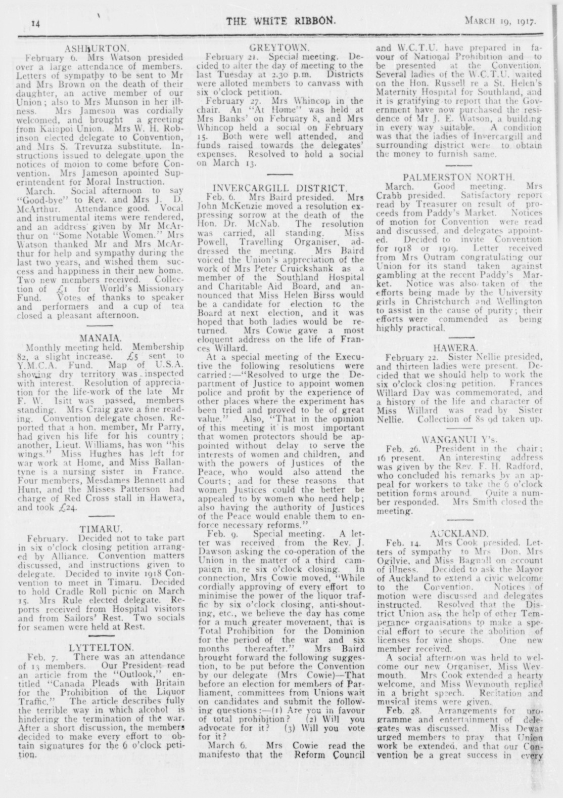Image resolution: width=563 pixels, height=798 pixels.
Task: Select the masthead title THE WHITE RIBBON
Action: click(x=280, y=21)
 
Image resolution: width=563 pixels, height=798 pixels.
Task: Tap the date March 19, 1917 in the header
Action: click(x=501, y=22)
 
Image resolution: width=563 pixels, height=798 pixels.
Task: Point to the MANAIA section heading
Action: click(x=100, y=337)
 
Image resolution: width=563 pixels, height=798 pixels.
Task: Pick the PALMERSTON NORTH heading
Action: click(x=459, y=177)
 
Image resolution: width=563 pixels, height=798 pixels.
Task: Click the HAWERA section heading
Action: click(x=456, y=348)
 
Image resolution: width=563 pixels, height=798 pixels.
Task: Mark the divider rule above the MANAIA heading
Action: click(x=100, y=325)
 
